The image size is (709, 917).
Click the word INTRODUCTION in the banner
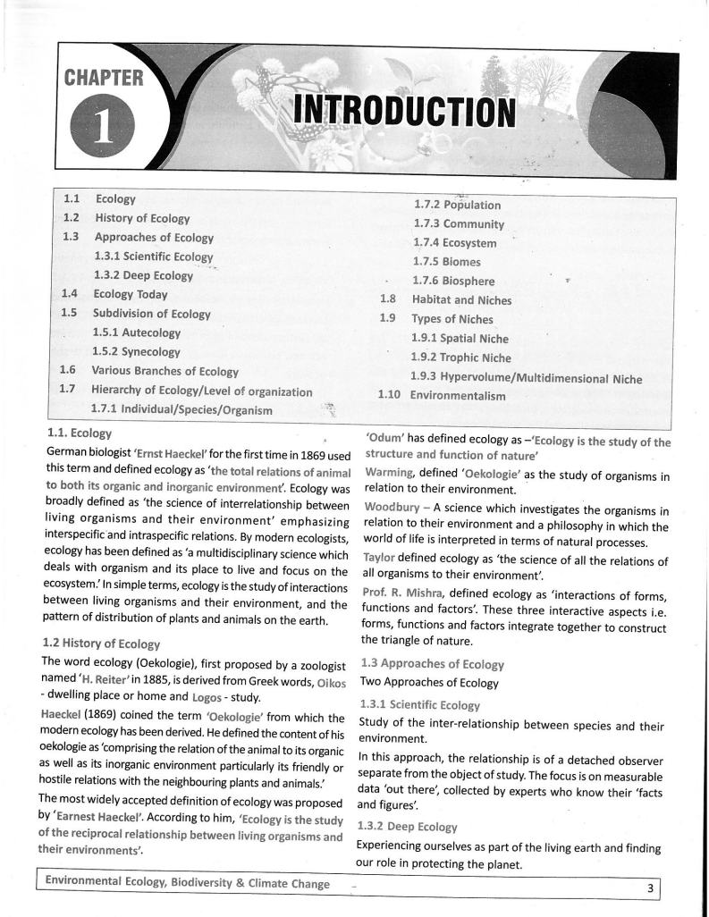coord(405,111)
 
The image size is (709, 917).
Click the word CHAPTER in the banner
coord(104,79)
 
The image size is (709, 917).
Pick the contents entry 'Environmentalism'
coord(457,395)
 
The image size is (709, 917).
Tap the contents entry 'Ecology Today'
coord(130,294)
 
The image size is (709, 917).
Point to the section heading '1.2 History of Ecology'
coord(101,644)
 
